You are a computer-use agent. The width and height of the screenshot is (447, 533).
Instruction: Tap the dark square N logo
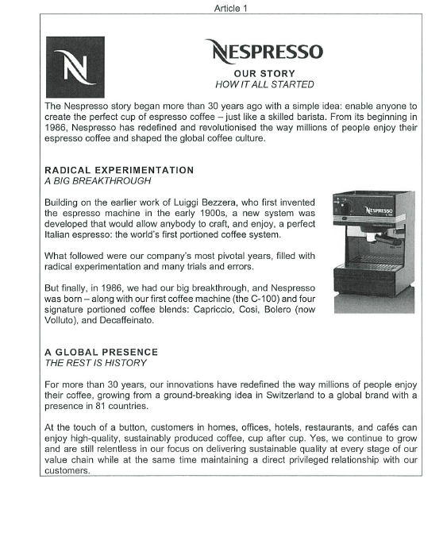tap(75, 67)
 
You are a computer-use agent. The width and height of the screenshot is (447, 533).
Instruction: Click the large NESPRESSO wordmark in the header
tap(264, 52)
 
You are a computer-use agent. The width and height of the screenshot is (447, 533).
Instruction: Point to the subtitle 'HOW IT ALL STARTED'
tap(264, 85)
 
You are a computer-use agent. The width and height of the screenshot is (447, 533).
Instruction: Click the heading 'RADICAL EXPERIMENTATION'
tap(119, 170)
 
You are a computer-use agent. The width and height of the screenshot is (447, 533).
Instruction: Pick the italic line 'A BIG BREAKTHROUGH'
tap(98, 181)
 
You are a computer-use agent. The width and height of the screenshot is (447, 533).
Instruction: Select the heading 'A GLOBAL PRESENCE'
tap(102, 352)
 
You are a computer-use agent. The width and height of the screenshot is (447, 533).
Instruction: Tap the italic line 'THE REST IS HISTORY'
tap(96, 363)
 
